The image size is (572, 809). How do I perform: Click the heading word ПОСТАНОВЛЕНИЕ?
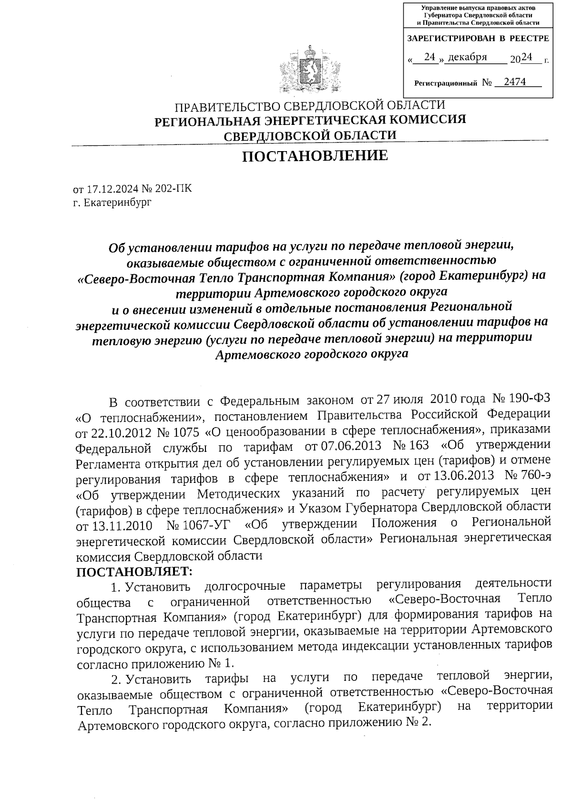coord(315,156)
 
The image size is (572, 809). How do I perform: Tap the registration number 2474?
coord(514,82)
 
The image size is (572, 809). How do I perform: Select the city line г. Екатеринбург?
coord(112,203)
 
